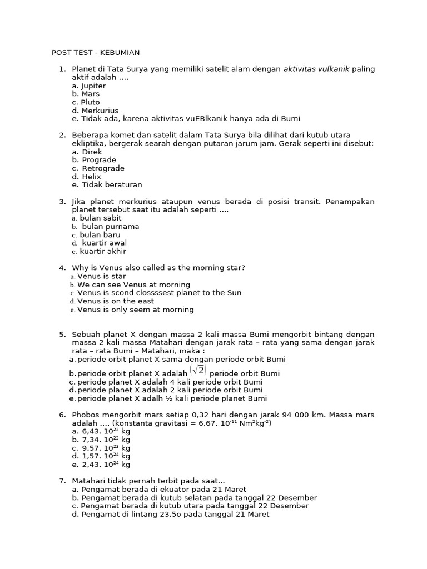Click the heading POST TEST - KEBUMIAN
click(95, 53)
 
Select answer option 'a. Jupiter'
click(89, 86)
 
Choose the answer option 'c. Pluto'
click(86, 102)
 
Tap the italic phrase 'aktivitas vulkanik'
click(316, 69)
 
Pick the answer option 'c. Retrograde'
click(98, 168)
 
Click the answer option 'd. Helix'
click(87, 177)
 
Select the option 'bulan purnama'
click(110, 227)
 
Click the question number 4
click(62, 268)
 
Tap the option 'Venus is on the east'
click(116, 301)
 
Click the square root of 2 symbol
click(198, 370)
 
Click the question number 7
click(62, 481)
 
